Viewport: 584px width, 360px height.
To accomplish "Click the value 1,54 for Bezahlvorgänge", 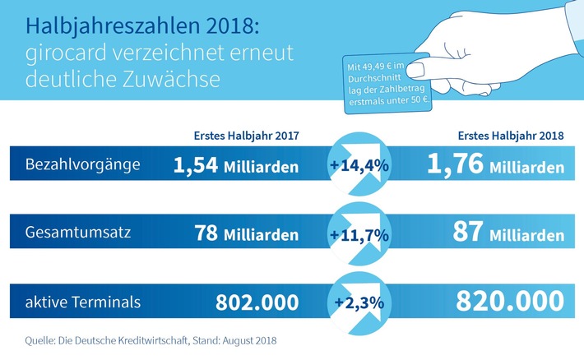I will pos(196,165).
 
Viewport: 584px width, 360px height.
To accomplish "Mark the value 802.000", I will pos(257,303).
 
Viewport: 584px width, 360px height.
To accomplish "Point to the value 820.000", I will pos(494,303).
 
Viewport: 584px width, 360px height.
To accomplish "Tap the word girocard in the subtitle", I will pos(61,54).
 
